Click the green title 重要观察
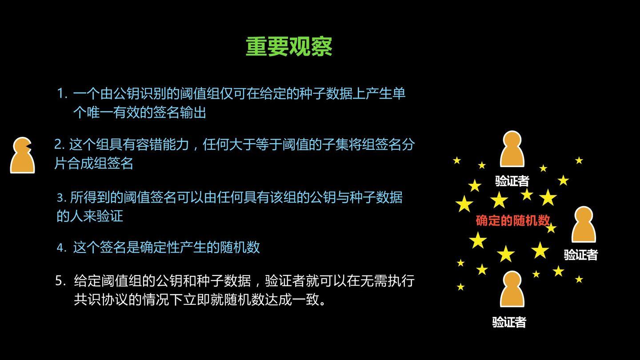[x=289, y=47]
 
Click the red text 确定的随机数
[x=513, y=220]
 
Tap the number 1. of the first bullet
[x=62, y=94]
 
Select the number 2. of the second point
[x=60, y=144]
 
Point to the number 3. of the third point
[x=61, y=197]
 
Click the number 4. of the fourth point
[x=61, y=248]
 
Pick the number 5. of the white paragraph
[x=61, y=281]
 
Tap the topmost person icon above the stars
[x=512, y=149]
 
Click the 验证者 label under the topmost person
[x=512, y=181]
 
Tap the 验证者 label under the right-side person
[x=580, y=255]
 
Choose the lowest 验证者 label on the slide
[x=509, y=322]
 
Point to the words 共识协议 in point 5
[x=100, y=300]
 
